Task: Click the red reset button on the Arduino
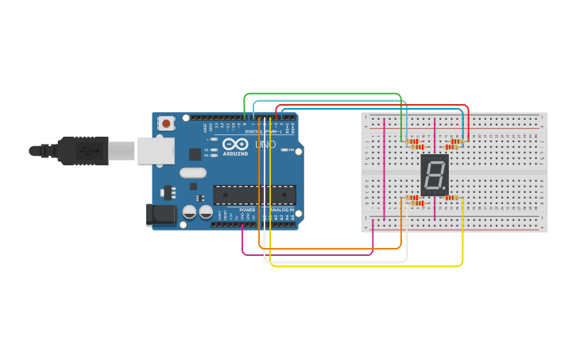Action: coord(166,123)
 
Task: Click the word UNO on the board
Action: coord(265,145)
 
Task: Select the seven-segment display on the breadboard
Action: coord(435,175)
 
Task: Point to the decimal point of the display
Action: coord(446,191)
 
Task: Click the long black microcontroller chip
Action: coord(254,195)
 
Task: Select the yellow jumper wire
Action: coord(365,266)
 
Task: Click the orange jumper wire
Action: coord(334,249)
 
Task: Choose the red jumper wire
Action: coord(373,106)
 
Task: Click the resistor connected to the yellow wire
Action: coord(452,197)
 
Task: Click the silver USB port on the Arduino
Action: coord(155,150)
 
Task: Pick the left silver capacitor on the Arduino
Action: coord(190,212)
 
